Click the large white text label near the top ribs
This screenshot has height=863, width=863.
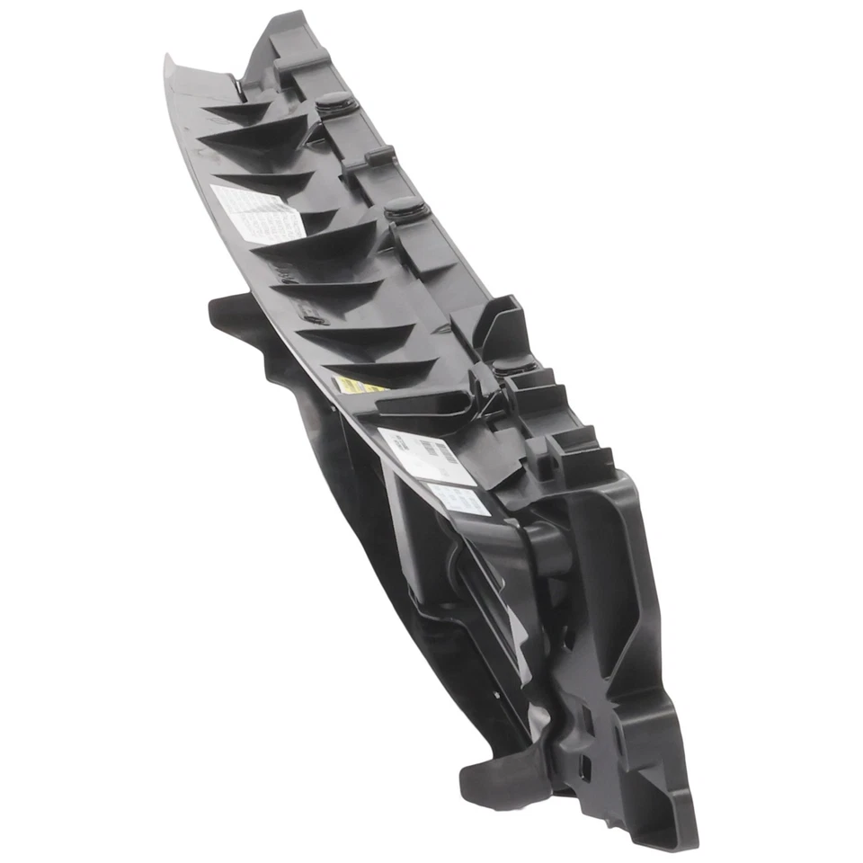coord(254,212)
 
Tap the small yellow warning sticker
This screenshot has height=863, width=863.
coord(358,386)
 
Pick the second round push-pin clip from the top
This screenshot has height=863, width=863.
coord(406,208)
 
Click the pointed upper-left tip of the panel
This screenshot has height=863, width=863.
coord(168,60)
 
